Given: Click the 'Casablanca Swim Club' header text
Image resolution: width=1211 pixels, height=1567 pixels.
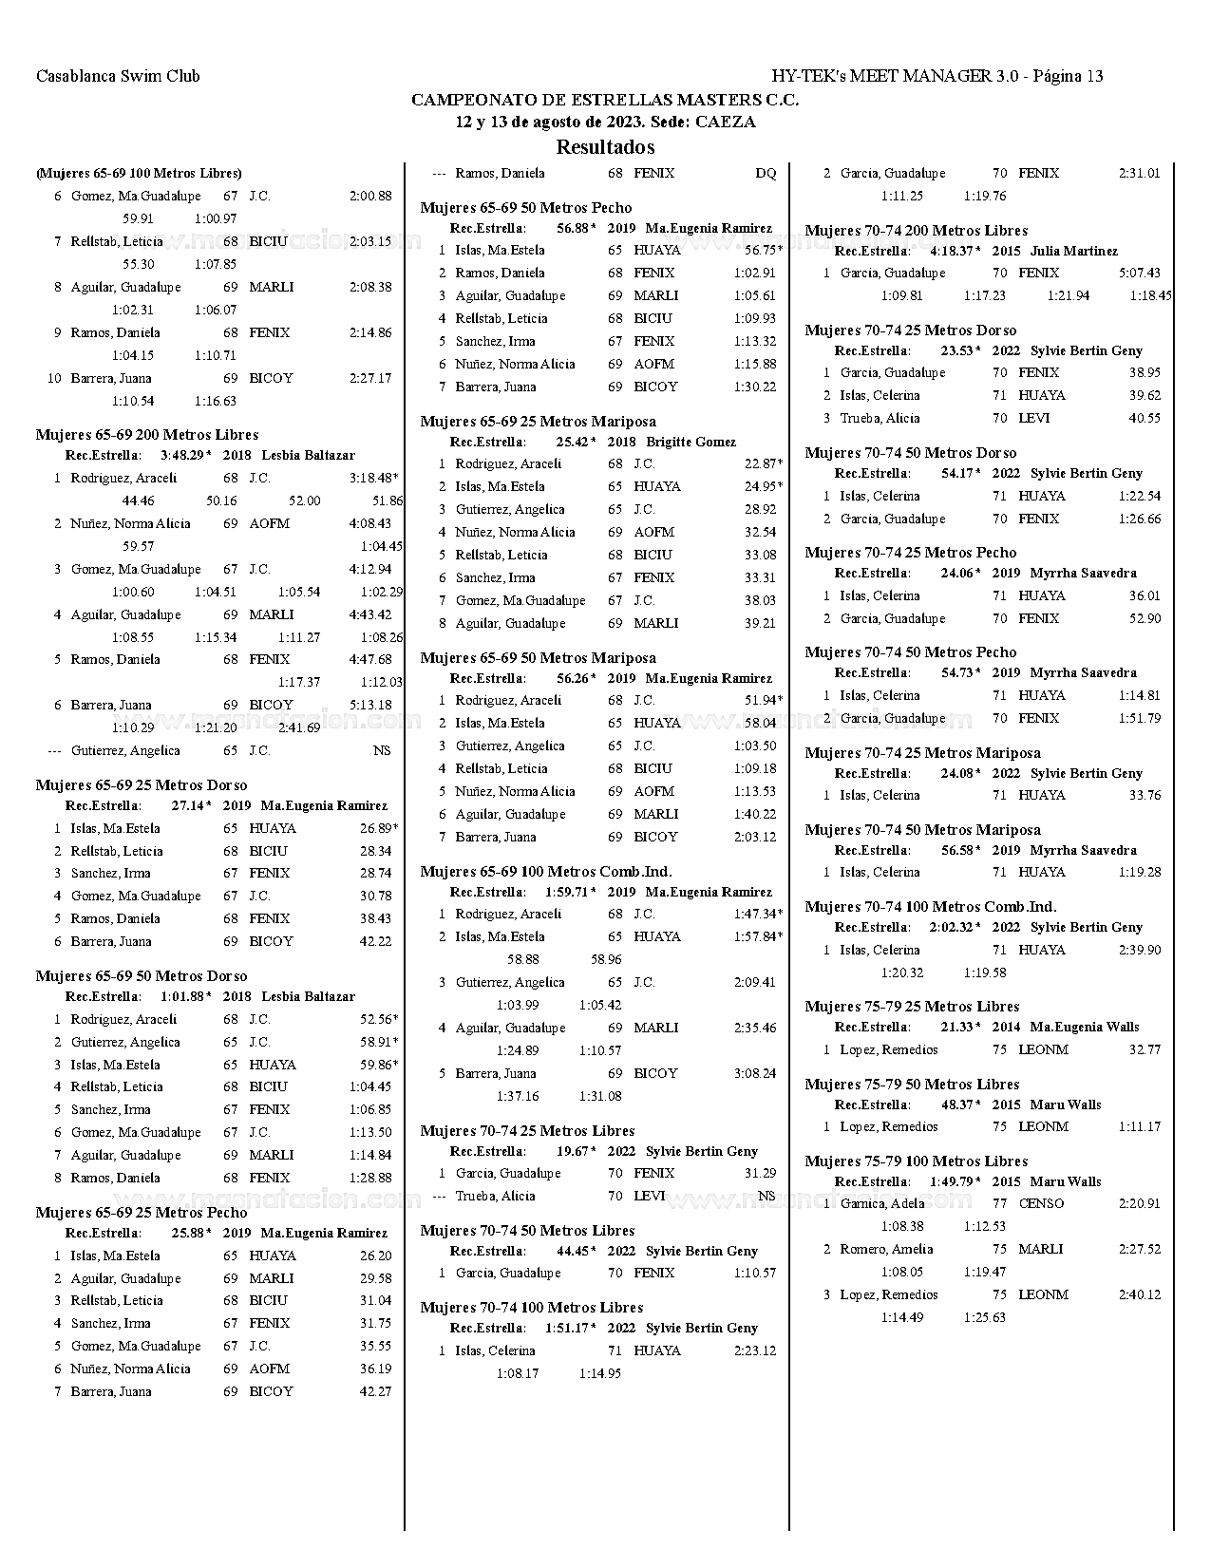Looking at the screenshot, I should pos(118,76).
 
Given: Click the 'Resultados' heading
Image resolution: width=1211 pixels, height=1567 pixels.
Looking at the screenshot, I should pos(605,147).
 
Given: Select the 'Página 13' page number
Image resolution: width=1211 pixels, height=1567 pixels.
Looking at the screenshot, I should pos(1068,76).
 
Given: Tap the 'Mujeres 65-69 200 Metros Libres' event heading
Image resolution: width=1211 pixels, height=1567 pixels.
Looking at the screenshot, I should pos(147,435).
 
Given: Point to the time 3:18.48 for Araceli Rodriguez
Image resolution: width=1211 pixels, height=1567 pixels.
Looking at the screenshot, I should pos(370,478).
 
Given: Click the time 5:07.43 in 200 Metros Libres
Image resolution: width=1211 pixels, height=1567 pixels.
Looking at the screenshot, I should pos(1139,273).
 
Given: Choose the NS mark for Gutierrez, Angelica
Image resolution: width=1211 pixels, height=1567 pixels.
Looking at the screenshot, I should pos(382,750).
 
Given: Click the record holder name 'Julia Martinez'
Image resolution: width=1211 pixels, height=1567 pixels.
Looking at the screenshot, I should pos(1073,252).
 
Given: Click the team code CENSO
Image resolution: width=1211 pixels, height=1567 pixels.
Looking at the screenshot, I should pos(1041,1203).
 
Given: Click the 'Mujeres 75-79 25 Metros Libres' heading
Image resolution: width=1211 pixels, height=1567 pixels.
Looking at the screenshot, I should pos(912,1007).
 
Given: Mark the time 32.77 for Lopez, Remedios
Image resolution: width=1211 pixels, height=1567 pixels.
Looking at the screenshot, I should pos(1145,1049).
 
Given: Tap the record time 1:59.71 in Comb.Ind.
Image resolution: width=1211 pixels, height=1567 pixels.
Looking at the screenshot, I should pos(570,892).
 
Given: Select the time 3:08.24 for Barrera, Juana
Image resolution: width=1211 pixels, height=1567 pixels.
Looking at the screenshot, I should pos(754,1073).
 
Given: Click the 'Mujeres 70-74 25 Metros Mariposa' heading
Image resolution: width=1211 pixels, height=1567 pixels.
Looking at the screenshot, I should pos(922,753).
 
